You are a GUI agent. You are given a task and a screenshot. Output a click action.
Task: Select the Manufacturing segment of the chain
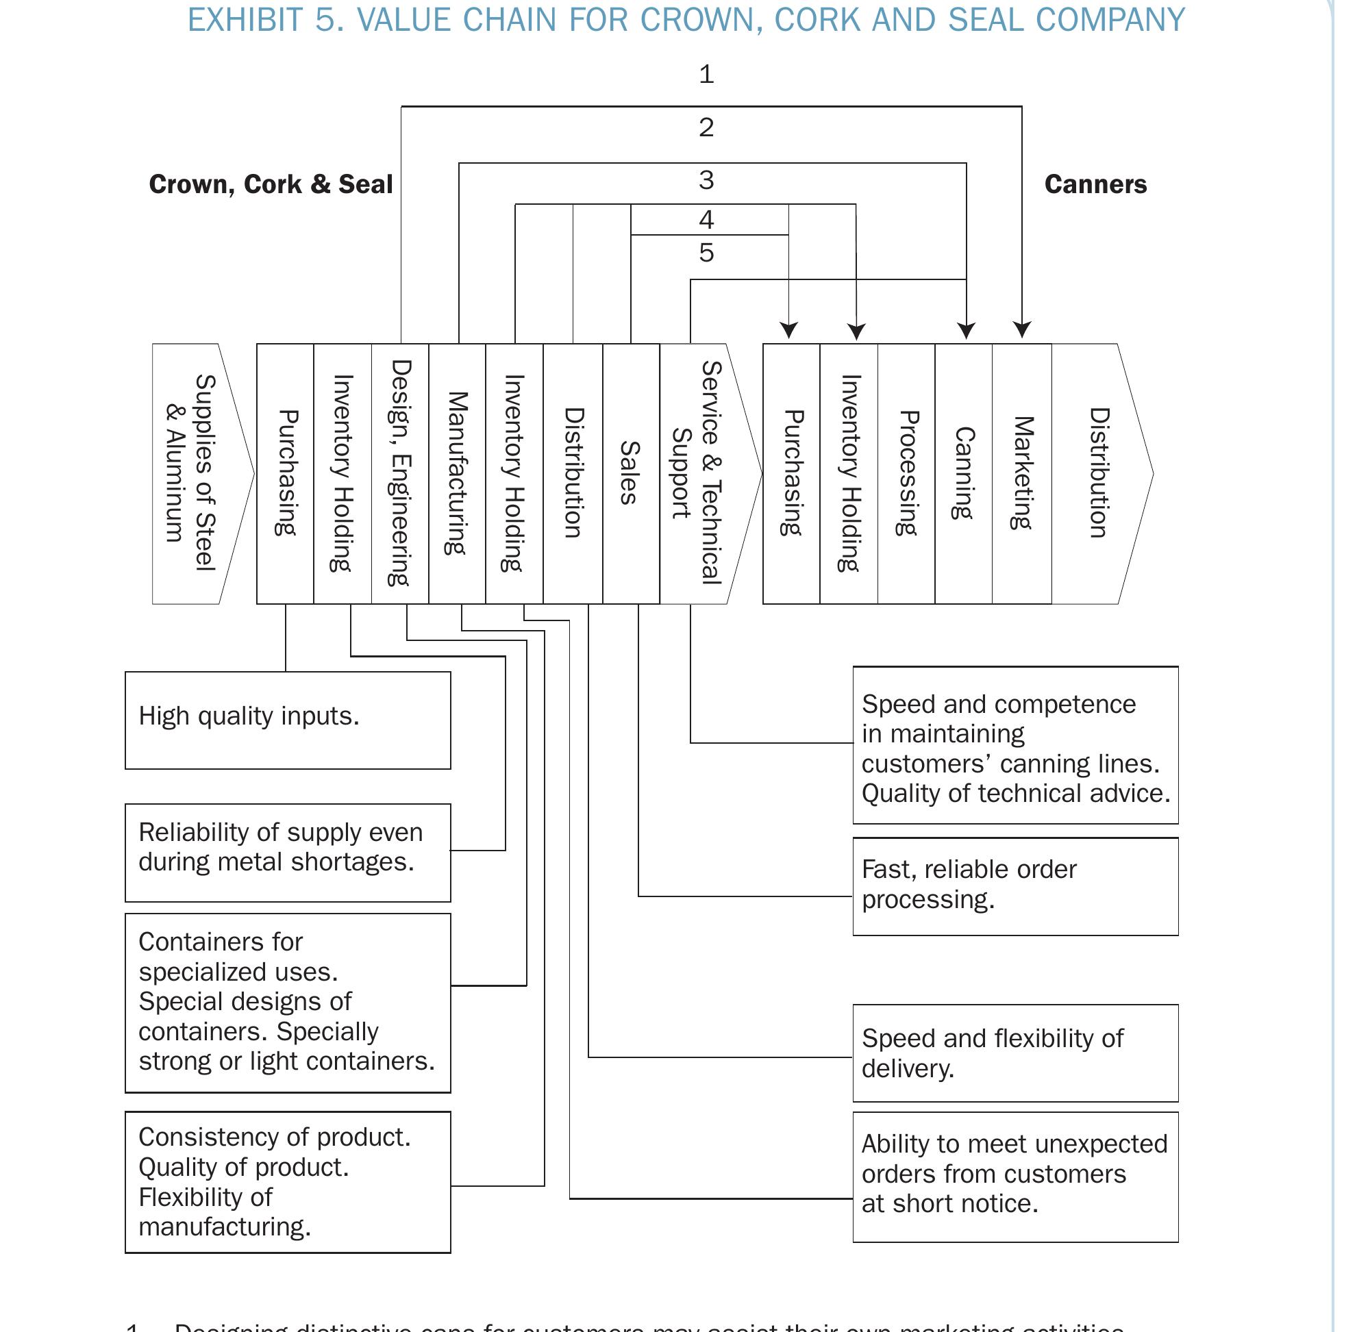(457, 473)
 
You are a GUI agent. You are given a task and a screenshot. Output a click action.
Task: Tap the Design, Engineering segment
(399, 473)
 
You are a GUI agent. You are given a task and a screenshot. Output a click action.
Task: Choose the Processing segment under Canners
(906, 473)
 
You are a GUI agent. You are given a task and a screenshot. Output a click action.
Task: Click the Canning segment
(964, 473)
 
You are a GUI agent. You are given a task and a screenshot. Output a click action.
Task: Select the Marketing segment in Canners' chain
(1022, 473)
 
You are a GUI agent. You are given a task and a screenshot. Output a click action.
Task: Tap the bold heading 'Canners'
(1095, 185)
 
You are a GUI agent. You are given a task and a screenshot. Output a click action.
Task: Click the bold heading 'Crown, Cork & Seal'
(271, 185)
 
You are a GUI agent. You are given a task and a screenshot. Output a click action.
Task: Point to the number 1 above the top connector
(706, 74)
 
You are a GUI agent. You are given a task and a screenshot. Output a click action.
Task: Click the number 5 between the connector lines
(706, 253)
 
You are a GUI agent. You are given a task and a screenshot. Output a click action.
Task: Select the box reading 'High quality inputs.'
(288, 720)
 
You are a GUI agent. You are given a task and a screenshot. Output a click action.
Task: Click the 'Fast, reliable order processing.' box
(1014, 885)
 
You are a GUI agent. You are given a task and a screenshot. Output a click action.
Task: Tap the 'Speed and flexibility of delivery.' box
(1014, 1053)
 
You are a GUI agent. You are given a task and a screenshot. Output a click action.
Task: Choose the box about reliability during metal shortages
(288, 851)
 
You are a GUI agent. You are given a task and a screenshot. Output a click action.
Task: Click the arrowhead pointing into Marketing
(1022, 329)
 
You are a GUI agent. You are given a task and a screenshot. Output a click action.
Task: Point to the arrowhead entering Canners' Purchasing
(788, 329)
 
